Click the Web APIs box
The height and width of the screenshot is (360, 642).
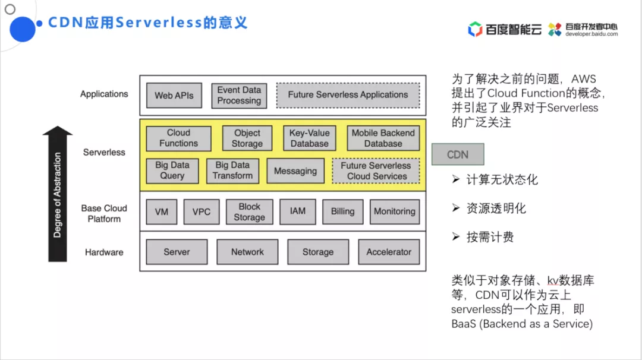(174, 95)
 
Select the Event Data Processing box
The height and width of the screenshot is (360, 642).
(239, 96)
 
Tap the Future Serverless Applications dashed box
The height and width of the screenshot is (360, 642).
(348, 95)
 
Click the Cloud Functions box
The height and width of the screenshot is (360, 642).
(178, 138)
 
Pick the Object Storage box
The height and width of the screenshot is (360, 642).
(247, 138)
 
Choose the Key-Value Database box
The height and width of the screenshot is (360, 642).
(309, 138)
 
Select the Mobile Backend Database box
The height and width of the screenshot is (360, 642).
(383, 138)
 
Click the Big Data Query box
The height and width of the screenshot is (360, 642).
(172, 170)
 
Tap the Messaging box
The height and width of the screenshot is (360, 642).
(295, 171)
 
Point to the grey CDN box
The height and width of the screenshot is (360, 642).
(458, 154)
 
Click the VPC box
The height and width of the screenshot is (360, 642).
(202, 211)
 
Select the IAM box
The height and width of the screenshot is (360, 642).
(298, 211)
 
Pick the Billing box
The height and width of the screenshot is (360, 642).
(342, 211)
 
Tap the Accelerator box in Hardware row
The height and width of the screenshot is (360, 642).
(389, 252)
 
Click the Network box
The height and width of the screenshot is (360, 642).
(247, 252)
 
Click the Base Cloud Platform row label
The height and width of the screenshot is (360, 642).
(104, 213)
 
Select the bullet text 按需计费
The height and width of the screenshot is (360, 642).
(490, 237)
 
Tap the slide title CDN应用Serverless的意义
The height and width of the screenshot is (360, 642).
(147, 23)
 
